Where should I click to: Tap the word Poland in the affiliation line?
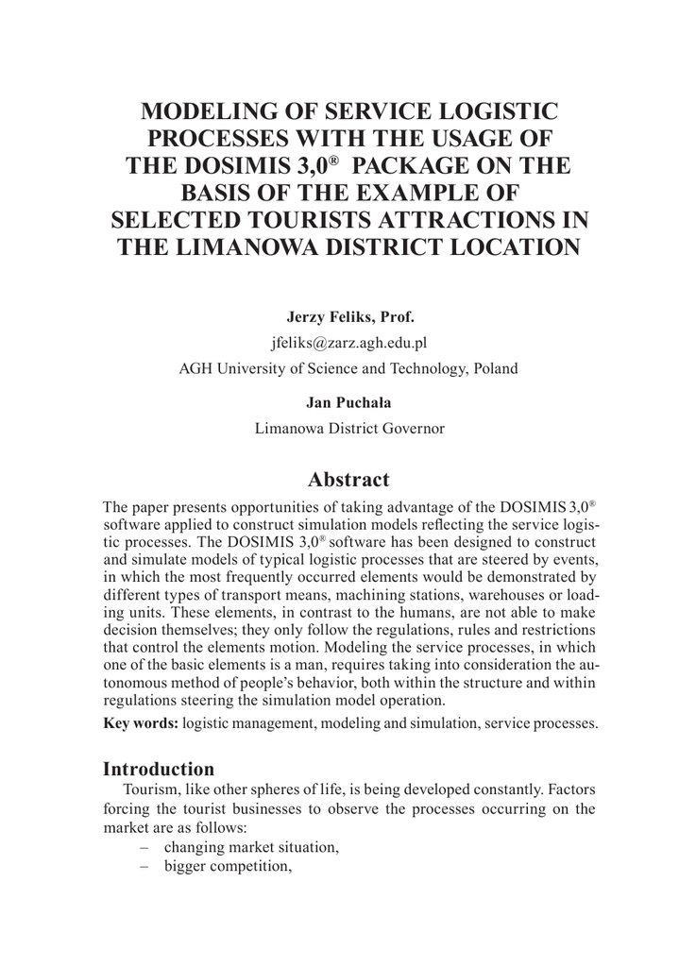[x=495, y=368]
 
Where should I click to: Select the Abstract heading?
[x=348, y=479]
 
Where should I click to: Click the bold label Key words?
[x=140, y=723]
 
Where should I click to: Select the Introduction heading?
[x=159, y=768]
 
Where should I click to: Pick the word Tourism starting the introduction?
[x=150, y=789]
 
